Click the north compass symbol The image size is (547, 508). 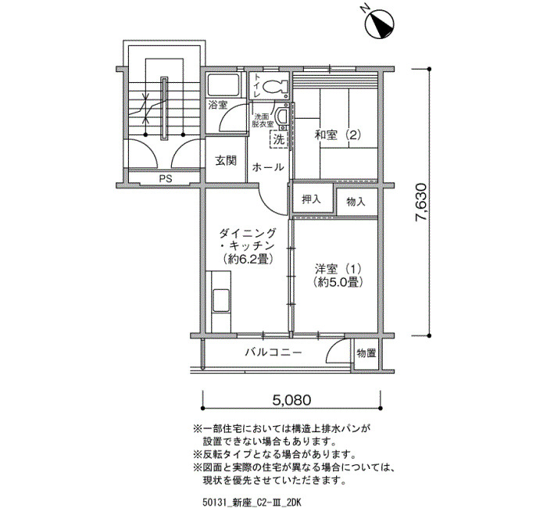coord(379,23)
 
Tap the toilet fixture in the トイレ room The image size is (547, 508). coord(275,87)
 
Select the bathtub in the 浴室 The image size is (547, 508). coord(223,85)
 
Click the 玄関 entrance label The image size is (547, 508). coord(226,160)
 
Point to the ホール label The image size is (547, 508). coord(268,166)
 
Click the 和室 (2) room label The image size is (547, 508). coord(338,134)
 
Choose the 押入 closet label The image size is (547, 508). coord(311,199)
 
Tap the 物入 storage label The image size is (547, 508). coord(356,202)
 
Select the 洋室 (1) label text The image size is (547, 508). coord(338,270)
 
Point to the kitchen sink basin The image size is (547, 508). coord(221,301)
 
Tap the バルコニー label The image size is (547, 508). coord(273,352)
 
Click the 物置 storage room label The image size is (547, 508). coord(366,353)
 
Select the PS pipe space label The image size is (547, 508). coord(166,179)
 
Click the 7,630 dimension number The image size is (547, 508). coord(420,202)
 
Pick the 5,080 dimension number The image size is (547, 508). coord(291,400)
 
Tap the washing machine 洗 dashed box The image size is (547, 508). coord(280,140)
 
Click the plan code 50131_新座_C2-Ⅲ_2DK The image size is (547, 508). coord(251,502)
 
